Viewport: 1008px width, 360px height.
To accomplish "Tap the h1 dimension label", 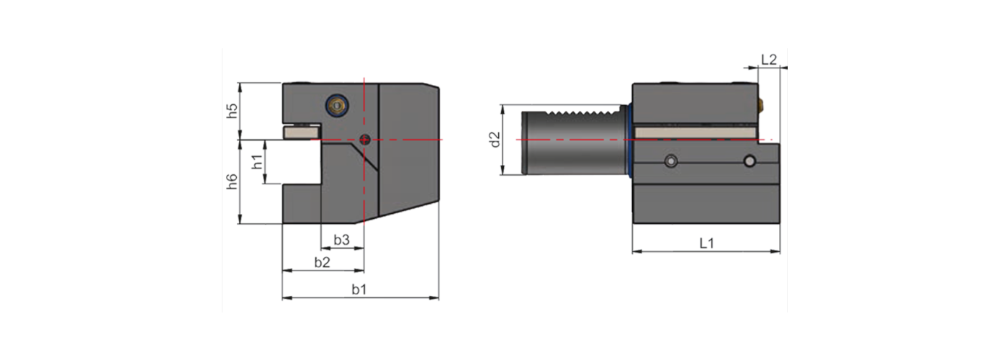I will pyautogui.click(x=257, y=163).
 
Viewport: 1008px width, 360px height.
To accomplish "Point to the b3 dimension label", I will pyautogui.click(x=341, y=240).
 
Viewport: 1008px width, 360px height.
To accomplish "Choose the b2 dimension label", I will pyautogui.click(x=322, y=262).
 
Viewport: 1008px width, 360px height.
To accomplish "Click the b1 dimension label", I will pyautogui.click(x=359, y=289).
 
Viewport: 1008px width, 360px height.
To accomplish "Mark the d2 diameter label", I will pyautogui.click(x=494, y=140).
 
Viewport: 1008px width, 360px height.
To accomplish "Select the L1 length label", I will pyautogui.click(x=706, y=243).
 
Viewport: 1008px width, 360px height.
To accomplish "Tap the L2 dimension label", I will pyautogui.click(x=768, y=60).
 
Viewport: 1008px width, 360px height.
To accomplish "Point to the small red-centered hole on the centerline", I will pyautogui.click(x=365, y=139).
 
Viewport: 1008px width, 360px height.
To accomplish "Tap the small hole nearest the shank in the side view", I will pyautogui.click(x=671, y=161).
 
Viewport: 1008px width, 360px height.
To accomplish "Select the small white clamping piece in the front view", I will pyautogui.click(x=300, y=132).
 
